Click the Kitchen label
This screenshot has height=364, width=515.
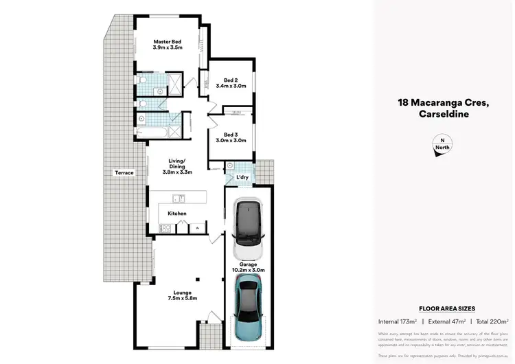click(x=177, y=214)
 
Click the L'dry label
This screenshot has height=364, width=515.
click(x=242, y=178)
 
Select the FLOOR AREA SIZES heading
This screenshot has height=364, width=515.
click(x=446, y=309)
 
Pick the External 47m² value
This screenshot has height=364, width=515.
click(x=446, y=321)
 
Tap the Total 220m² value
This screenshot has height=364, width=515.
click(x=492, y=321)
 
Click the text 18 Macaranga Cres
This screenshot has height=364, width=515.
click(x=443, y=103)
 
